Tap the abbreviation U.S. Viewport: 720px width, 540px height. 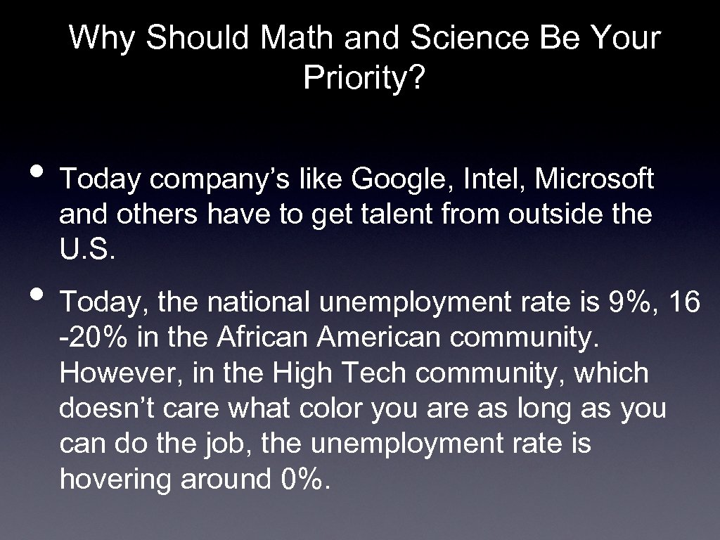[86, 250]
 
